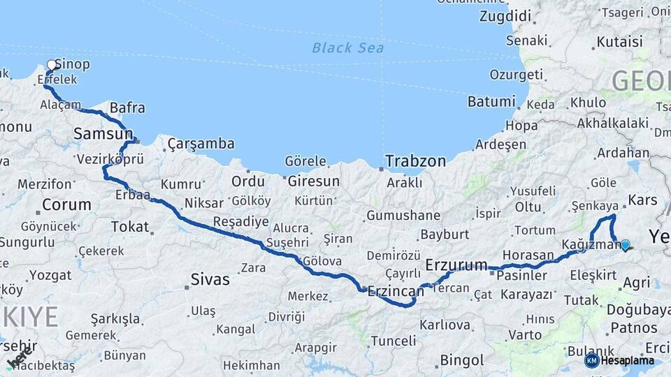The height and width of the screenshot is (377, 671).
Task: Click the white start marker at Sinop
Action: pos(51,65)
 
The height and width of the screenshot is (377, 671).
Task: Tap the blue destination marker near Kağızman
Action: pos(625,245)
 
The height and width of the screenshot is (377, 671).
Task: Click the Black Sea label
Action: pos(347,47)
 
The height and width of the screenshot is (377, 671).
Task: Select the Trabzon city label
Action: pos(415,161)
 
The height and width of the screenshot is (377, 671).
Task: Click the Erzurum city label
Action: pos(456,265)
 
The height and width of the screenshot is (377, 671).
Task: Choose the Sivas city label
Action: pos(210,280)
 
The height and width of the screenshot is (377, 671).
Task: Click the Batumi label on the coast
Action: pos(491,102)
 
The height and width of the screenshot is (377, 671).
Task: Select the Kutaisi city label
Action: pos(619,42)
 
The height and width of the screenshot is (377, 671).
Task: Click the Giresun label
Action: pos(313,182)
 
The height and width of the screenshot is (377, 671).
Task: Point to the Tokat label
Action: pos(130,227)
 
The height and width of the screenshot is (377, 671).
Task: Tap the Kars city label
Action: pos(639,200)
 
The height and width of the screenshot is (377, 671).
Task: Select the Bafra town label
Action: pos(128,108)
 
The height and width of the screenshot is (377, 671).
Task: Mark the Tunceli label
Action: pos(393,341)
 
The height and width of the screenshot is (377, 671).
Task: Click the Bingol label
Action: pos(461,361)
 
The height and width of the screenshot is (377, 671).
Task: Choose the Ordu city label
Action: pos(248,182)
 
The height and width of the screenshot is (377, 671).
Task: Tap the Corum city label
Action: pos(66,205)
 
